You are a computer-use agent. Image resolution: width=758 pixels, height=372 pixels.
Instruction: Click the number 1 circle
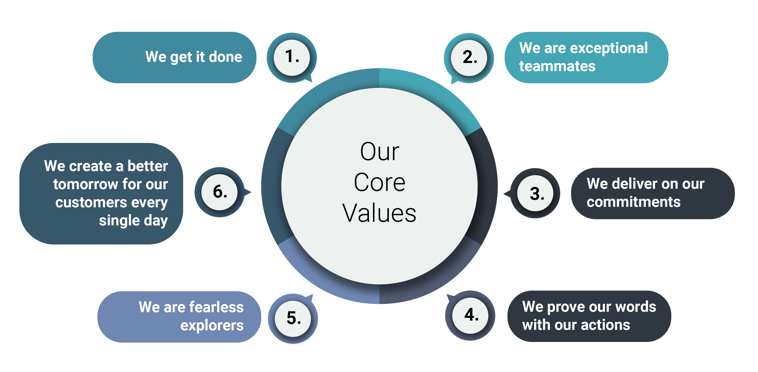(x=292, y=58)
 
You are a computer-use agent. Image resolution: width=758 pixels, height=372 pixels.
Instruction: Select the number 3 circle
(x=535, y=193)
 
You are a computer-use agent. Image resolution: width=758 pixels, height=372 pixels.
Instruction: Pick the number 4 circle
(x=470, y=315)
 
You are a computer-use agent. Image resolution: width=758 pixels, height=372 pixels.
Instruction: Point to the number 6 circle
(x=220, y=192)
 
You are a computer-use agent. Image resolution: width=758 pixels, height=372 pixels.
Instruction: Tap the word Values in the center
(x=379, y=213)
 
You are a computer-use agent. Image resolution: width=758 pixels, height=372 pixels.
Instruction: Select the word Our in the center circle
(x=380, y=152)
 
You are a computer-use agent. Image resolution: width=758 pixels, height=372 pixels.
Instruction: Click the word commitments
(x=633, y=202)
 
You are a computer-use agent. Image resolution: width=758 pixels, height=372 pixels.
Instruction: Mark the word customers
(x=91, y=202)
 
